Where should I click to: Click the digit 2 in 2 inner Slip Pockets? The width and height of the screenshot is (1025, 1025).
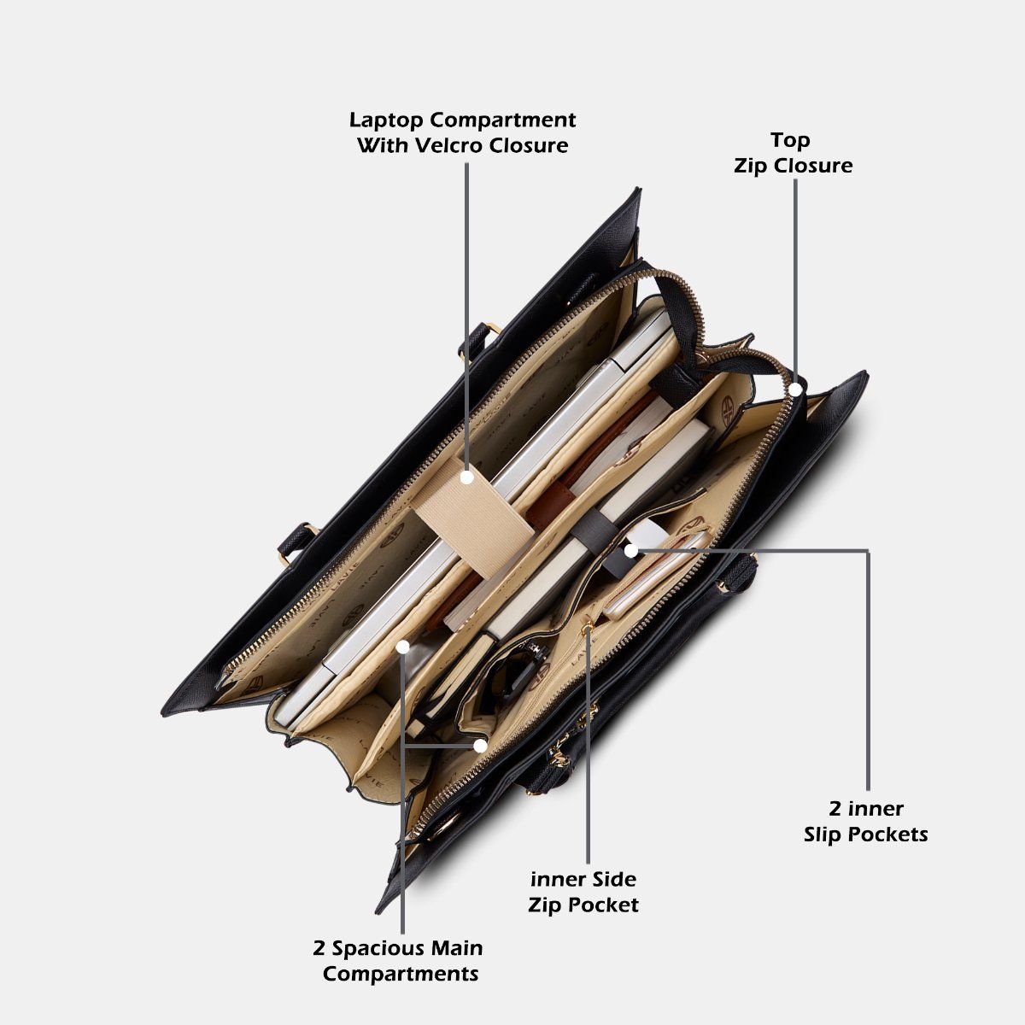tap(835, 809)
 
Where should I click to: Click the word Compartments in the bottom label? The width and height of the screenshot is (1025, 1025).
tap(401, 975)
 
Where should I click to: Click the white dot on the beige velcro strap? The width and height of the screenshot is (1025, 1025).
tap(466, 477)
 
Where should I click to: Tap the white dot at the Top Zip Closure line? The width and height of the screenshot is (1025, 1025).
tap(794, 389)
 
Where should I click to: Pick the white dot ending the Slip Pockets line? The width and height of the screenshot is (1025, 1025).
tap(630, 551)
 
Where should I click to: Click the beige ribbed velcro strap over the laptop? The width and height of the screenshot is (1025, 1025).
tap(473, 517)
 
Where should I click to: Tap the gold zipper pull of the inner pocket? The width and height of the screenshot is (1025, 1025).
tap(587, 630)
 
